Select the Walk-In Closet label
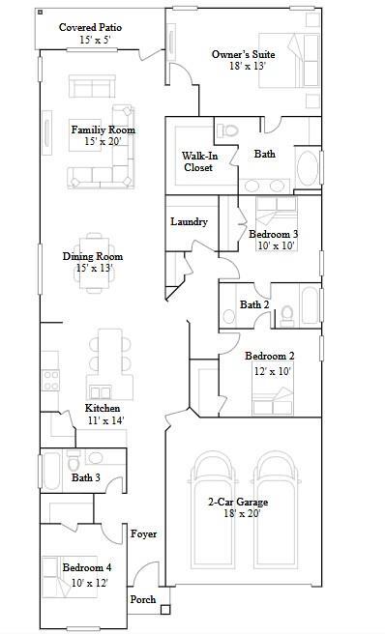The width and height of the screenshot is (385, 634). tap(198, 161)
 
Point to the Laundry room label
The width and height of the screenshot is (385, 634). tap(190, 221)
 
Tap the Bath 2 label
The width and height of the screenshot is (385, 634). tap(253, 304)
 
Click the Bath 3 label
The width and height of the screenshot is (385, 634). tap(85, 477)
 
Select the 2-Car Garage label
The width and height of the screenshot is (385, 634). tap(238, 503)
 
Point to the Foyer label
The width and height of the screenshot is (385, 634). tap(143, 533)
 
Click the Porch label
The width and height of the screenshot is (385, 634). tap(143, 599)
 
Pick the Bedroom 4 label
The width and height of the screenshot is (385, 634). tap(87, 567)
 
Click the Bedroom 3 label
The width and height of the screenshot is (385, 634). tap(273, 234)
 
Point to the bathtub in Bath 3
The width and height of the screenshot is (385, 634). tap(51, 473)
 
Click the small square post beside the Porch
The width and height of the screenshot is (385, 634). tap(165, 609)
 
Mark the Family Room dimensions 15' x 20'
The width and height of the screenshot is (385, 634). tap(103, 142)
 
